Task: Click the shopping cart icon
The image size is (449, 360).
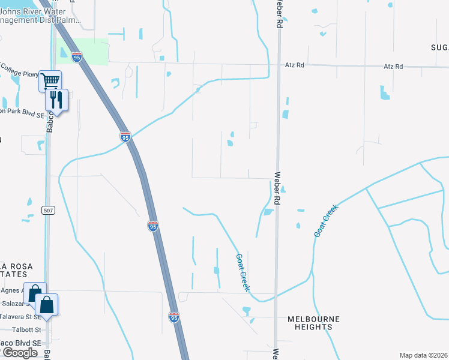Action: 50,80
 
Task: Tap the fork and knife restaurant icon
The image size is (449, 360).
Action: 56,99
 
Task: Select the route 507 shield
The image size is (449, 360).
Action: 49,210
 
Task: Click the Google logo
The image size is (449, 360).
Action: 19,353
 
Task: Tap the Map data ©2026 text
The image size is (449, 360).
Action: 423,355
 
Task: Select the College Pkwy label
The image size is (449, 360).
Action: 19,71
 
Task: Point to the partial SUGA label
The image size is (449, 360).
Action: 439,47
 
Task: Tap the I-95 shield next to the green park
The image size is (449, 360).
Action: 76,57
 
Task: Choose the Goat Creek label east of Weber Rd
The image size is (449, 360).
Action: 326,221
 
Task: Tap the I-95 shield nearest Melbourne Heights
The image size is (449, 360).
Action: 173,317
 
